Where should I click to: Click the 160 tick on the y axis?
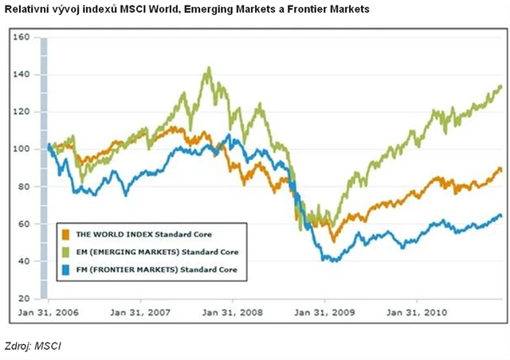22,37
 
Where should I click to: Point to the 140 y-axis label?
22,75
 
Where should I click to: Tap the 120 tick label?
22,112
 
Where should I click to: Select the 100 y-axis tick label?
22,150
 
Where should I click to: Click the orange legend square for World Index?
66,234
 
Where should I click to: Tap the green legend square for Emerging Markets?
66,252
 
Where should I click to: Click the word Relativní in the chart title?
29,9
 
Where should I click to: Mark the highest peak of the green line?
209,68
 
